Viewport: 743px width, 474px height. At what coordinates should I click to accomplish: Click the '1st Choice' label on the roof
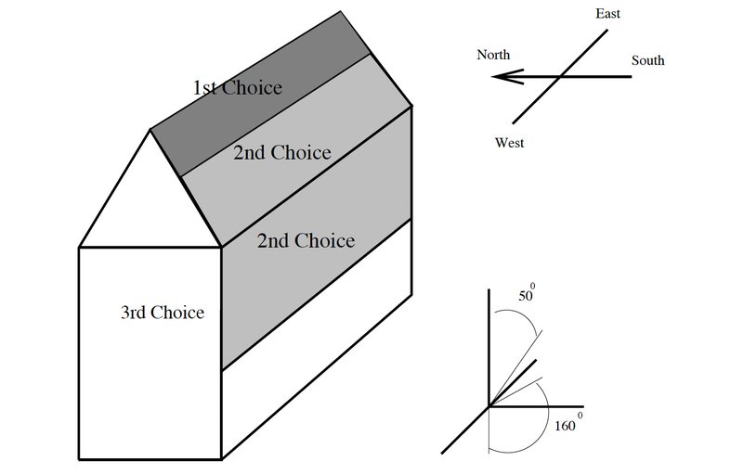tap(237, 88)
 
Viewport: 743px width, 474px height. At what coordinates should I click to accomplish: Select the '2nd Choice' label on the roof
tap(281, 152)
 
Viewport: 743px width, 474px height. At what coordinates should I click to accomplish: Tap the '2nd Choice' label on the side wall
tap(306, 241)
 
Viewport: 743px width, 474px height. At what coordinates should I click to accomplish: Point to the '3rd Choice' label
tap(162, 312)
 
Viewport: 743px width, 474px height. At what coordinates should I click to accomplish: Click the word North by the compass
tap(493, 56)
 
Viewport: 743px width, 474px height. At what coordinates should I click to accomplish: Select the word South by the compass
tap(647, 61)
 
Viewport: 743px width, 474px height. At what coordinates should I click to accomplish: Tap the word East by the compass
tap(607, 14)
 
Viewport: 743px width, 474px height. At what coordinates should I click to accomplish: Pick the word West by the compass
tap(509, 143)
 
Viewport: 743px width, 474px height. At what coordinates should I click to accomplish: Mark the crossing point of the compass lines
tap(558, 77)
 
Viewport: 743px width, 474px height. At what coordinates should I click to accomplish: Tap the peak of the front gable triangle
tap(150, 129)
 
